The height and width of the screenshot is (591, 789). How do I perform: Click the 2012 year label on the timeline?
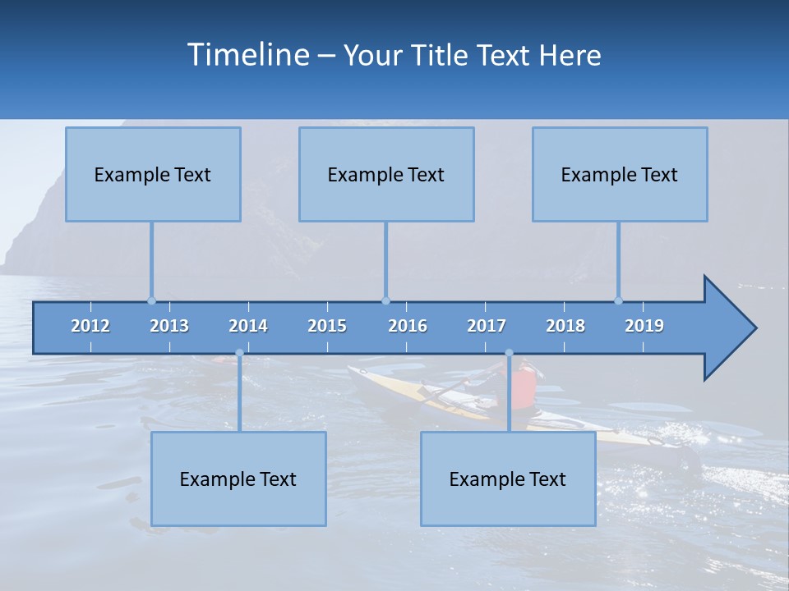coord(90,326)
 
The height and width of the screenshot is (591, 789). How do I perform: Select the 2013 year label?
coord(169,326)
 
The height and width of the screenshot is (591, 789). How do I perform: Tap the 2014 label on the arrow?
coord(248,326)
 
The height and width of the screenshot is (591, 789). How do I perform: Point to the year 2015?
coord(327,326)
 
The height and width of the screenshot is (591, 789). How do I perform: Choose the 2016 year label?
coord(408,326)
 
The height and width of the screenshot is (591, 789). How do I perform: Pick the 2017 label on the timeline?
coord(487,326)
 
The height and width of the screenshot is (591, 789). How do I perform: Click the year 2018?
coord(565,326)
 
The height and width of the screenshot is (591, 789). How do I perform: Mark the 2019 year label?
coord(644,326)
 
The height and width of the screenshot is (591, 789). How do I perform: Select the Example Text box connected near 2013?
coord(153,174)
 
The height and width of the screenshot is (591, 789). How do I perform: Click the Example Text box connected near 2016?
coord(386,174)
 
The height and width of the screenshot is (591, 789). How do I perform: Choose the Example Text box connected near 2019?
coord(620,174)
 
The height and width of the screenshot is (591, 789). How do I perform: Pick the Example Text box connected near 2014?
coord(238,479)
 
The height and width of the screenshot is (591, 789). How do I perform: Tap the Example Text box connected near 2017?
coord(508,479)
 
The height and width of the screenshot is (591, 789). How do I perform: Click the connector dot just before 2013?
coord(151,300)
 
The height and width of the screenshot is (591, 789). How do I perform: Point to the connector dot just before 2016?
coord(385,300)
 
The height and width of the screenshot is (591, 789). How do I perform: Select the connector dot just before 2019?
coord(618,300)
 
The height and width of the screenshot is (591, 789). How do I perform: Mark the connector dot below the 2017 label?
coord(509,353)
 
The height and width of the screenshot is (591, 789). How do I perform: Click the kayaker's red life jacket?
coord(524,383)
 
